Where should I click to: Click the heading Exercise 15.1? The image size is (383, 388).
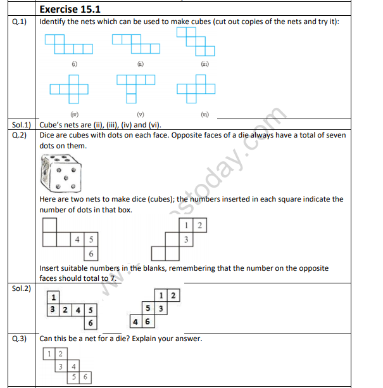[70, 9]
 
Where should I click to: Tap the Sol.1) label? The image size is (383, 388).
[22, 125]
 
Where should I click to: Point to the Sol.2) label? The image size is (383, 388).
[22, 288]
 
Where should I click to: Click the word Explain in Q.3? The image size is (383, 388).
[149, 339]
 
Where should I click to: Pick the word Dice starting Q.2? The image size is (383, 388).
[48, 136]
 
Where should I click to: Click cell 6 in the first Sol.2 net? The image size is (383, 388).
[91, 323]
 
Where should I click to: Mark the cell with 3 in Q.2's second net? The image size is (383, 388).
[186, 240]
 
